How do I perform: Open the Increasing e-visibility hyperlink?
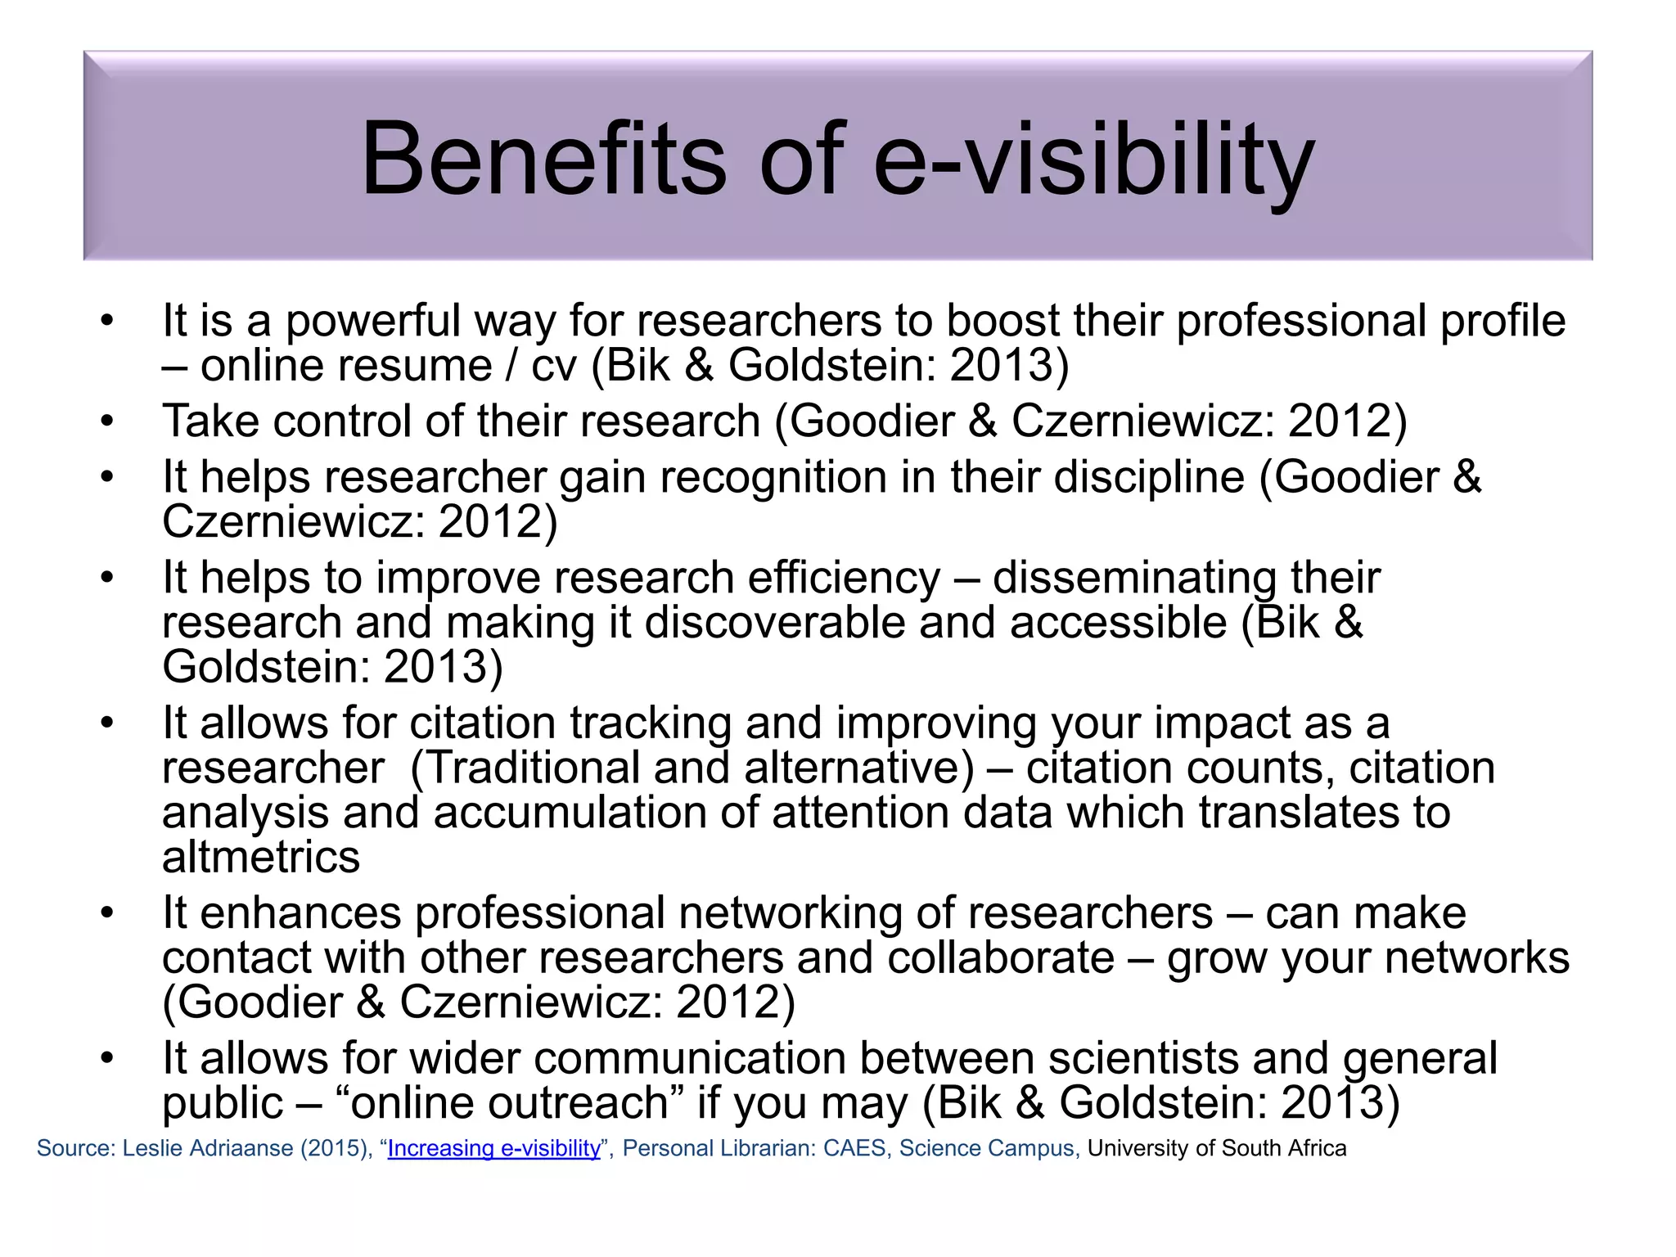(493, 1148)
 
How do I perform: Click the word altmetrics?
(261, 858)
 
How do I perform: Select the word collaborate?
(1001, 958)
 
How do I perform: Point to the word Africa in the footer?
(1317, 1148)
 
